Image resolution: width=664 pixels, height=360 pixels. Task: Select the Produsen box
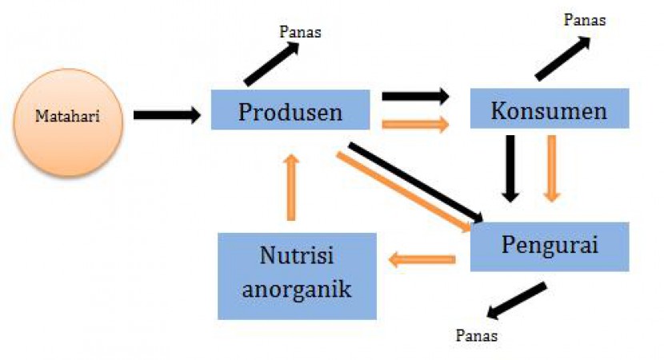coord(290,110)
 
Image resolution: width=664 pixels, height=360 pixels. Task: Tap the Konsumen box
coord(549,110)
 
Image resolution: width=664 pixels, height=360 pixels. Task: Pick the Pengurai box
coord(550,246)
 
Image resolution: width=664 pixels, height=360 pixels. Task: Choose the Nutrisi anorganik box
coord(296,275)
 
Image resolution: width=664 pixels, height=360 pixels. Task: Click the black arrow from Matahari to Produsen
coord(166,115)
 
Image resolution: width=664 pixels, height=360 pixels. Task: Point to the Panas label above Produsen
coord(301,32)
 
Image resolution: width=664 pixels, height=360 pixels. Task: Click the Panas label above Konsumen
coord(584,20)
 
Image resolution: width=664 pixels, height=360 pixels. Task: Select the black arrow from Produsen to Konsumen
coord(415,97)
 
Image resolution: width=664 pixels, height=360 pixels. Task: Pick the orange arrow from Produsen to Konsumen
coord(415,124)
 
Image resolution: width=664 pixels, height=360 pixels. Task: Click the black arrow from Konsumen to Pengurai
coord(510,166)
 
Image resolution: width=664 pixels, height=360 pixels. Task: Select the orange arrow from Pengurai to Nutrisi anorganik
coord(422,258)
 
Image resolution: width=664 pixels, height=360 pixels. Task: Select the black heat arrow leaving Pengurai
coord(517,300)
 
